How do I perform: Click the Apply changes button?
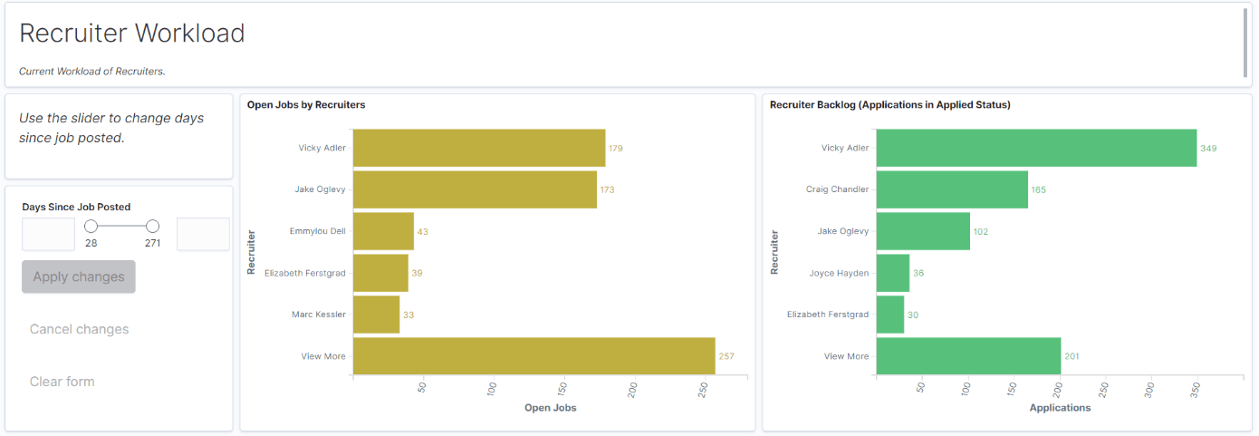(x=79, y=276)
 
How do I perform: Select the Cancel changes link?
(x=79, y=329)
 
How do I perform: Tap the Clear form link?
(x=62, y=382)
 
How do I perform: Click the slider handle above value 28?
(x=91, y=227)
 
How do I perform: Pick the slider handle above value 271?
(x=152, y=227)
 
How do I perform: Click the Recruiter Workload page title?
(x=132, y=33)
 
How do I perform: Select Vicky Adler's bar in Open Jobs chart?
(x=479, y=148)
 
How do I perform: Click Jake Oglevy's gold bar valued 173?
(x=475, y=189)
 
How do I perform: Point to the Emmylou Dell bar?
(x=383, y=231)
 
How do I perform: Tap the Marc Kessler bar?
(x=376, y=315)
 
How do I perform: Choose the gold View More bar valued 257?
(x=533, y=356)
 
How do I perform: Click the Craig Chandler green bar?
(x=952, y=189)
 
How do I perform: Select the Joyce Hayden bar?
(x=892, y=273)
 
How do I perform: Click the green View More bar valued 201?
(x=968, y=356)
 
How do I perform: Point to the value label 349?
(x=1208, y=148)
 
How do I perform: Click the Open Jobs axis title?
(x=550, y=408)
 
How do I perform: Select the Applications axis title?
(x=1060, y=408)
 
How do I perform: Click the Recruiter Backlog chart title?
(x=889, y=105)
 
